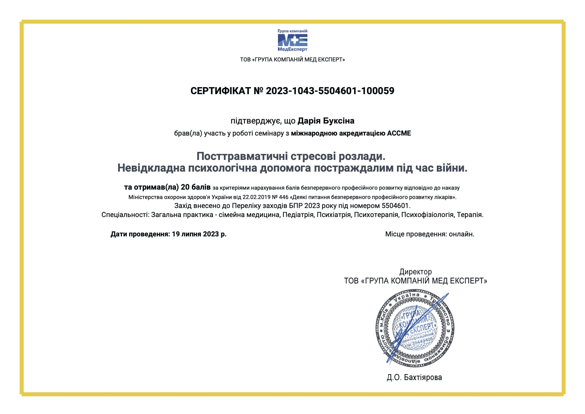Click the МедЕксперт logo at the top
point(292,40)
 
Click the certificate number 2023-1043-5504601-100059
point(330,91)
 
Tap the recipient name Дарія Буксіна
point(326,121)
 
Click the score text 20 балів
point(196,187)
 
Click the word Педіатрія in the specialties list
point(298,215)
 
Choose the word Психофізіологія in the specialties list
point(427,215)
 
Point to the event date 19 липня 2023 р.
point(199,234)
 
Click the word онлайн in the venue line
point(461,234)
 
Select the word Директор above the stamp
point(415,272)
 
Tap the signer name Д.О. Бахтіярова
point(414,377)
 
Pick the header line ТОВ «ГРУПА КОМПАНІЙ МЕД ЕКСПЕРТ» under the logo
point(292,60)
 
